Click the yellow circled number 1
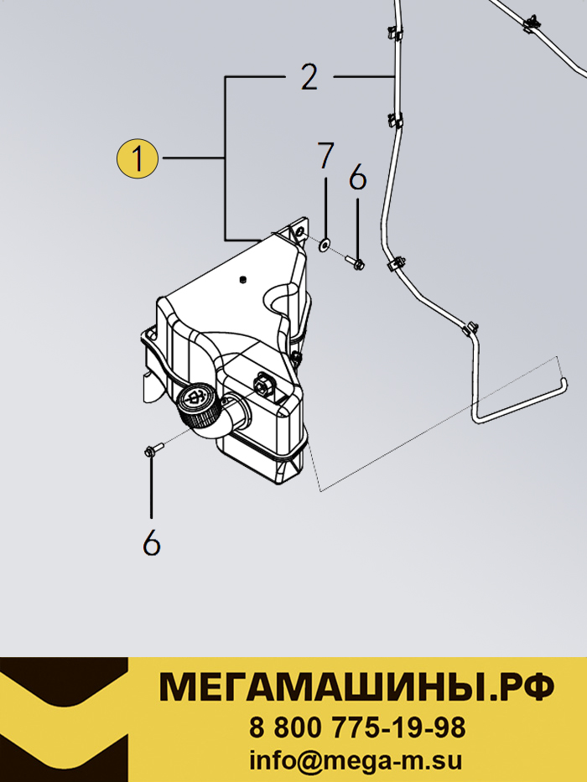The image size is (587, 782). coord(138,158)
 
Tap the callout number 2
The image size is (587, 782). coord(309,77)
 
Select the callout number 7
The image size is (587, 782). coord(325,155)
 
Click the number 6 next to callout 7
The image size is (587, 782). coord(358,178)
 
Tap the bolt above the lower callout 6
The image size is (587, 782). coord(153,449)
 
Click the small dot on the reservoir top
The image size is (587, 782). coord(242,279)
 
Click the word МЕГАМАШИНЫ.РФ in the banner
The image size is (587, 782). coord(356,687)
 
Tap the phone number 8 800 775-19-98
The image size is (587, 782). coord(357,728)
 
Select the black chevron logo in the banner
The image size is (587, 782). coord(64,720)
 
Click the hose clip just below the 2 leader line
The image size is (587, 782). coord(396,121)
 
